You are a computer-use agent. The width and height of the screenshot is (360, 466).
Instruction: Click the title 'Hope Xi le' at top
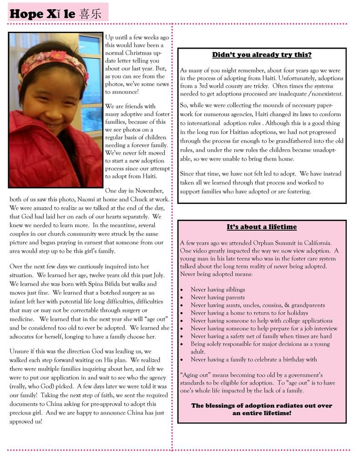[x=42, y=14]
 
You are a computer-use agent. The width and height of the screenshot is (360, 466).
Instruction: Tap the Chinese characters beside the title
[x=90, y=14]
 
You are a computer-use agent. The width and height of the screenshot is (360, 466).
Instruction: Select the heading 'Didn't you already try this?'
[x=262, y=55]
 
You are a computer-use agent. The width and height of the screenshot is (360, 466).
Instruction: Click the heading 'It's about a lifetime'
[x=262, y=227]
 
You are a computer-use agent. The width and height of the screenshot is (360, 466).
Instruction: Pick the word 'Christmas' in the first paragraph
[x=138, y=53]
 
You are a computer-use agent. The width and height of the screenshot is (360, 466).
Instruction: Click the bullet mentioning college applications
[x=261, y=321]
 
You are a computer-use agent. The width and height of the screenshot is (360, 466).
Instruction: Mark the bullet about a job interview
[x=264, y=329]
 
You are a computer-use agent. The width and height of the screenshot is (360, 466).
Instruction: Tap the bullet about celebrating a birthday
[x=254, y=360]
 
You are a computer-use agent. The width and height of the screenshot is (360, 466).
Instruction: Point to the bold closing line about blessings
[x=262, y=410]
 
